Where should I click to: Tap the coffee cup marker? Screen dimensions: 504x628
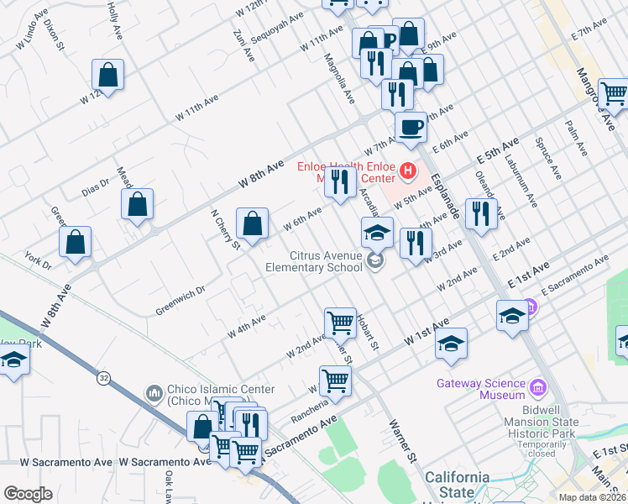411,127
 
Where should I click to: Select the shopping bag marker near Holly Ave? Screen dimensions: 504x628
108,75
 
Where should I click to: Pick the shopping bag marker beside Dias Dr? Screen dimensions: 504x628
138,204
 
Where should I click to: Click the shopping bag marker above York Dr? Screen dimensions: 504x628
76,242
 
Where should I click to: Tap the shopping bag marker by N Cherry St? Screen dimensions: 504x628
252,223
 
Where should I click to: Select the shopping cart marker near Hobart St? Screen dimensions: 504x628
340,323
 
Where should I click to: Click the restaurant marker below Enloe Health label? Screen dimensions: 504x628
339,181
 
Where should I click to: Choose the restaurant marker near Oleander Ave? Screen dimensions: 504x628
481,214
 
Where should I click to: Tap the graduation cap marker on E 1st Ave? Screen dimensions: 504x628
512,317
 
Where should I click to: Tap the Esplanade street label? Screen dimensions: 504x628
446,190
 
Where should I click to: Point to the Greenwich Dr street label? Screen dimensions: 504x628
181,301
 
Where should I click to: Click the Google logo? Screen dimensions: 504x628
28,494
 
